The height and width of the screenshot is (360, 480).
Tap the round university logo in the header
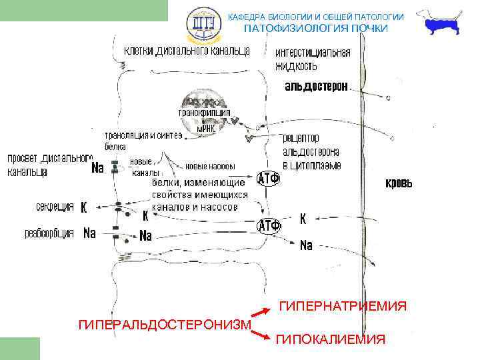pos(201,25)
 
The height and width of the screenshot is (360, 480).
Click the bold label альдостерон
pos(316,87)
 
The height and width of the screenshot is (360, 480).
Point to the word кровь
pos(399,183)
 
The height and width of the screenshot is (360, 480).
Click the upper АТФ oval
pos(268,180)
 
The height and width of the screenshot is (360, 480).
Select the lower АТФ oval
pos(269,225)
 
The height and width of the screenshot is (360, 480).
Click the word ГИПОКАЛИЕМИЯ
pos(330,340)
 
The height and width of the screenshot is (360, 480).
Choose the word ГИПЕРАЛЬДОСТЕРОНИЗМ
pos(165,325)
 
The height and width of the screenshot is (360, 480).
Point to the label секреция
pos(55,207)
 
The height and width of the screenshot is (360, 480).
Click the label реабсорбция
pos(49,233)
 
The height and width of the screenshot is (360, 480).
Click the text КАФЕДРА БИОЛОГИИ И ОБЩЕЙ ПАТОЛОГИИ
pos(316,16)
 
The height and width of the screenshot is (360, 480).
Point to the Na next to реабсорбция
pos(89,233)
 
